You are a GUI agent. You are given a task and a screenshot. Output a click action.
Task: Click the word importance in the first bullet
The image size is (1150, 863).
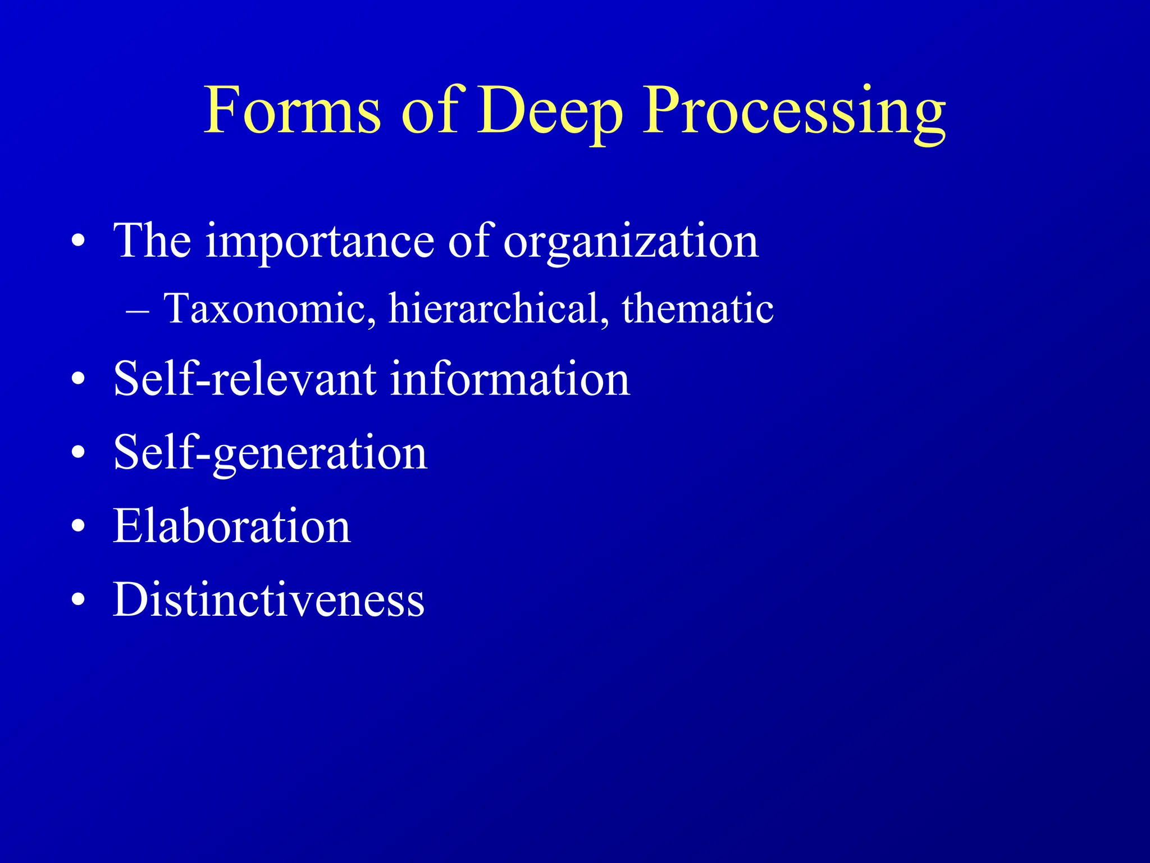click(x=320, y=242)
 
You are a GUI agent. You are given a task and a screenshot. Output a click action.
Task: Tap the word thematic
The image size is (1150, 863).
click(x=697, y=308)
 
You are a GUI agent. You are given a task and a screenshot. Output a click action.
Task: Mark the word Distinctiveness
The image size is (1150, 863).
click(x=268, y=599)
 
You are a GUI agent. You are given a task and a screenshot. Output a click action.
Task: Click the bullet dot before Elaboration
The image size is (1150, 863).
click(x=79, y=526)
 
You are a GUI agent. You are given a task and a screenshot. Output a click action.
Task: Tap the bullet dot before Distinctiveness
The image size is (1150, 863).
click(x=79, y=600)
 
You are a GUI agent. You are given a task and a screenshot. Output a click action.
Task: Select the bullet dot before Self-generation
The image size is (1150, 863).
click(x=79, y=452)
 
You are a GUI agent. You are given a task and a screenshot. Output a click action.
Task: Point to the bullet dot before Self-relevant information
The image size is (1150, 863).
click(x=79, y=379)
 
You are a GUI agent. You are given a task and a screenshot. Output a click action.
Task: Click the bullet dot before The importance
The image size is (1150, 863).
click(x=79, y=241)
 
